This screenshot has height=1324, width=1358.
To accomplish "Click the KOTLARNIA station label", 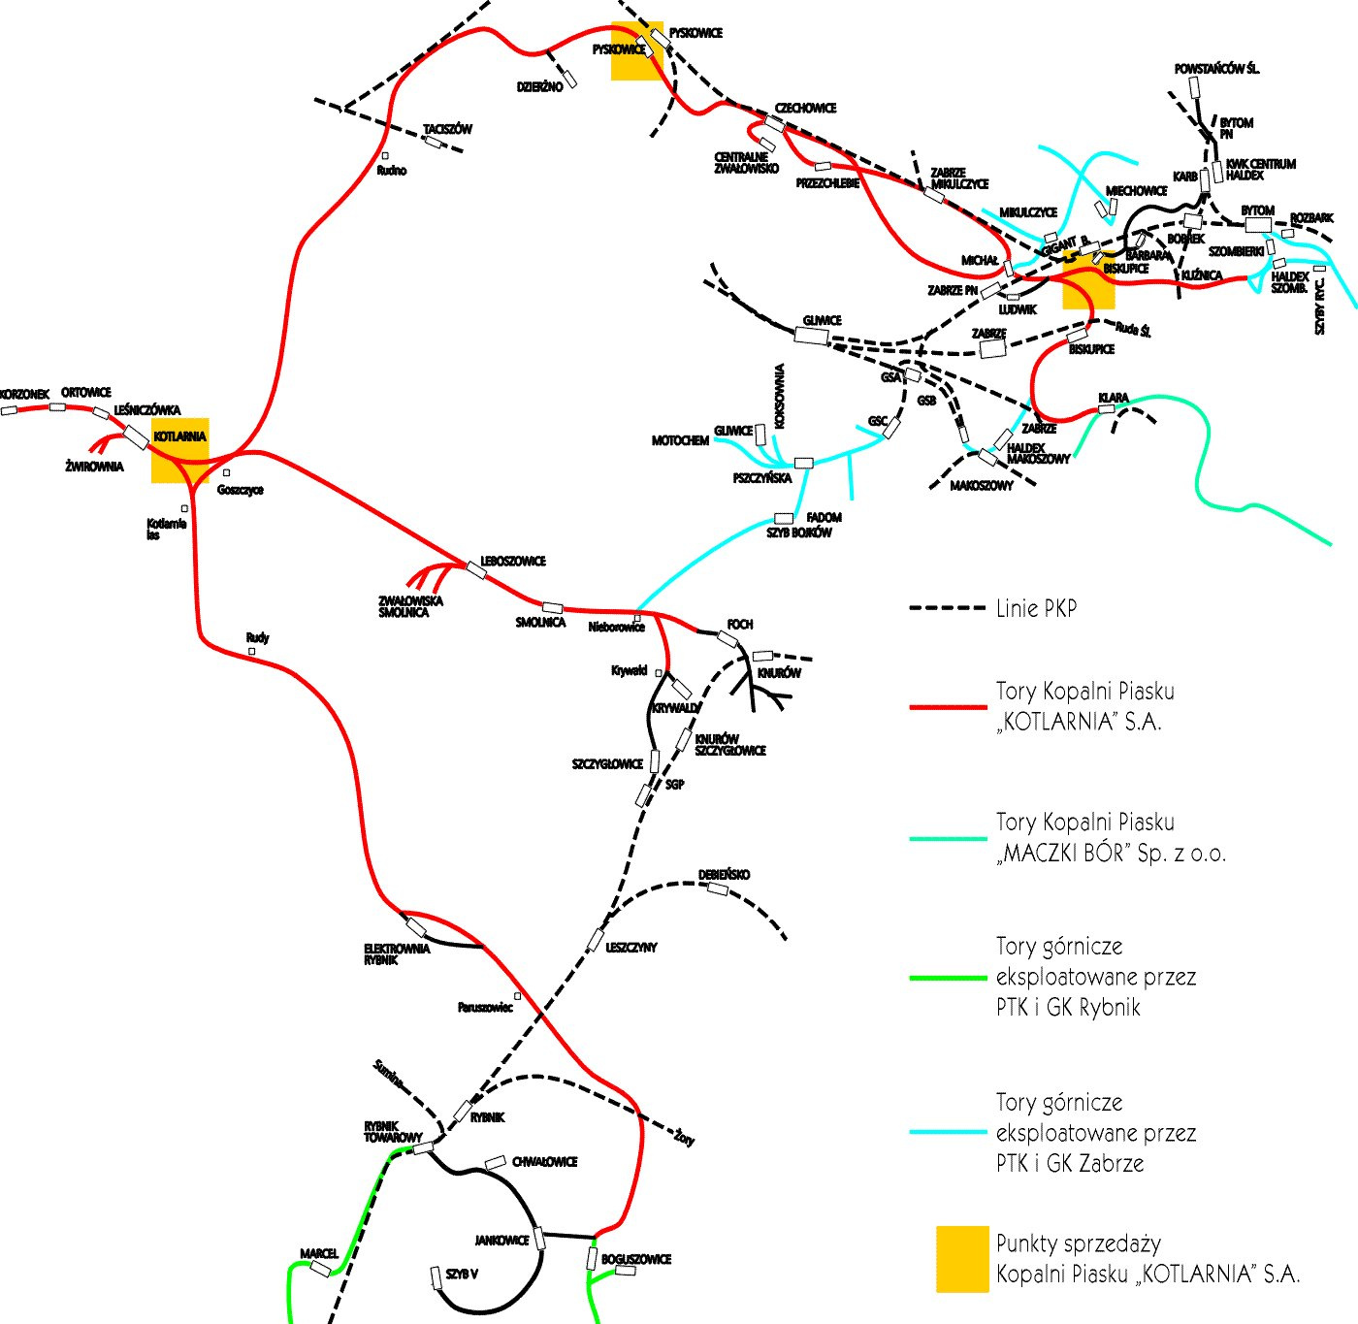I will [x=179, y=437].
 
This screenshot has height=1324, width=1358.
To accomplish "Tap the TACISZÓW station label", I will [x=447, y=129].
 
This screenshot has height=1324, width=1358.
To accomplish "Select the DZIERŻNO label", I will [x=539, y=87].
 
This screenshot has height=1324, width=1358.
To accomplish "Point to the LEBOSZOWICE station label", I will [x=513, y=562].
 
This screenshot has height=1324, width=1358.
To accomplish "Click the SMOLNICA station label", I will [x=540, y=623].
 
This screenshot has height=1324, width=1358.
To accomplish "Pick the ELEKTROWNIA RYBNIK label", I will [x=397, y=954].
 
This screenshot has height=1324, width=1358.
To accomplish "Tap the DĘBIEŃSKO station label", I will [x=724, y=875].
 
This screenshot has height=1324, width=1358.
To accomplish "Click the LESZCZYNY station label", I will [x=631, y=948].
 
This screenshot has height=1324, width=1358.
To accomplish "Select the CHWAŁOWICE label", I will [x=544, y=1162].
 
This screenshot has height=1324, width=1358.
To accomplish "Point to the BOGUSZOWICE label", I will [x=636, y=1260].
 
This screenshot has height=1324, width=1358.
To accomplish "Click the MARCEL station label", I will [x=319, y=1254].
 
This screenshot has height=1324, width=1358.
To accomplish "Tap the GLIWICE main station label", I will [x=822, y=321].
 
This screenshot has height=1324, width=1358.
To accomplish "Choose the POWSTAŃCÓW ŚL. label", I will [x=1216, y=69].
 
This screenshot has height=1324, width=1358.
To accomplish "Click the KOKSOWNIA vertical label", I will [x=780, y=396].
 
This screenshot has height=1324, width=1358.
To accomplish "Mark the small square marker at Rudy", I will [x=251, y=652].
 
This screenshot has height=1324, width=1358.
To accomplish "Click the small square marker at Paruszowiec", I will [x=517, y=996].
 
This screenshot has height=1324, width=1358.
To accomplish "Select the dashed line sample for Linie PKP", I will [x=947, y=608].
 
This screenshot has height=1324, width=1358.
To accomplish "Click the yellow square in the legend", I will [x=962, y=1259].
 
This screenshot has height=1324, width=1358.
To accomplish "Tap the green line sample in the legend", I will [x=947, y=978].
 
